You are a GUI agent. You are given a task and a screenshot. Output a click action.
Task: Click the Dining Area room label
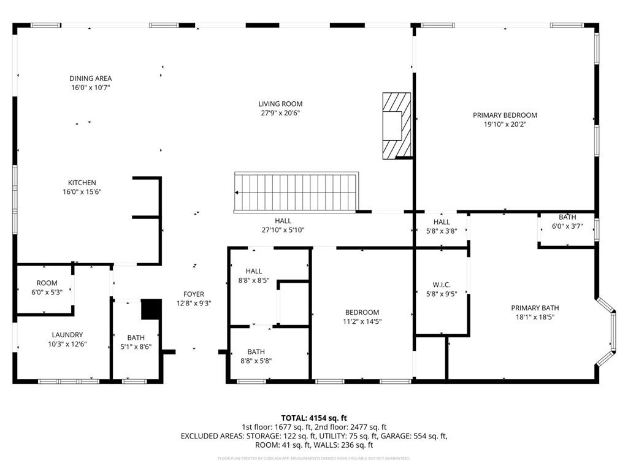(x=90, y=78)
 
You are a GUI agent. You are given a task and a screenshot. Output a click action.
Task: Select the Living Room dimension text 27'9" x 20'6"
(x=280, y=113)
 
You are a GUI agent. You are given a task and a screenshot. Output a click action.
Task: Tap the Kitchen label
(x=82, y=183)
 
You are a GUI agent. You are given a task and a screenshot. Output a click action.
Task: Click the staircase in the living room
(x=297, y=191)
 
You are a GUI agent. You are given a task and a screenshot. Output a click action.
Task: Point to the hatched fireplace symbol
(x=396, y=125)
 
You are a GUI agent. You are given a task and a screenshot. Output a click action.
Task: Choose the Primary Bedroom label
(x=505, y=115)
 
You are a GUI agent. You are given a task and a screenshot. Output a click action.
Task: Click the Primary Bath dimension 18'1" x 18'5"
(x=535, y=318)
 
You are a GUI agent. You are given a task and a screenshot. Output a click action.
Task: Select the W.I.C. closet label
(x=442, y=285)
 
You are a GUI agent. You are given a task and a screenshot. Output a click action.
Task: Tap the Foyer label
(x=194, y=294)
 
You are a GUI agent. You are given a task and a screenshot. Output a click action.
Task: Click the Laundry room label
(x=67, y=335)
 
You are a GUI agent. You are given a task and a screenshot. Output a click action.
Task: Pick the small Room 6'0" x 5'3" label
(x=47, y=283)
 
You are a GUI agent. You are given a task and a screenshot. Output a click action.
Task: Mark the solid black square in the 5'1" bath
(x=150, y=309)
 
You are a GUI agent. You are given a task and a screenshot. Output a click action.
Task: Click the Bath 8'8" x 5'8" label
(x=256, y=352)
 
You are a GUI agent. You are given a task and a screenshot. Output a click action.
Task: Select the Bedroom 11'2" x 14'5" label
(x=361, y=312)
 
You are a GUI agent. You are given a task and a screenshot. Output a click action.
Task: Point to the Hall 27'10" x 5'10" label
(x=283, y=221)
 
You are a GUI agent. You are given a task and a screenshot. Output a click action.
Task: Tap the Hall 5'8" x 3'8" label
(x=442, y=222)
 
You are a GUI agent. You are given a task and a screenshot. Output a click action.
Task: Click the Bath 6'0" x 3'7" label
(x=567, y=218)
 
